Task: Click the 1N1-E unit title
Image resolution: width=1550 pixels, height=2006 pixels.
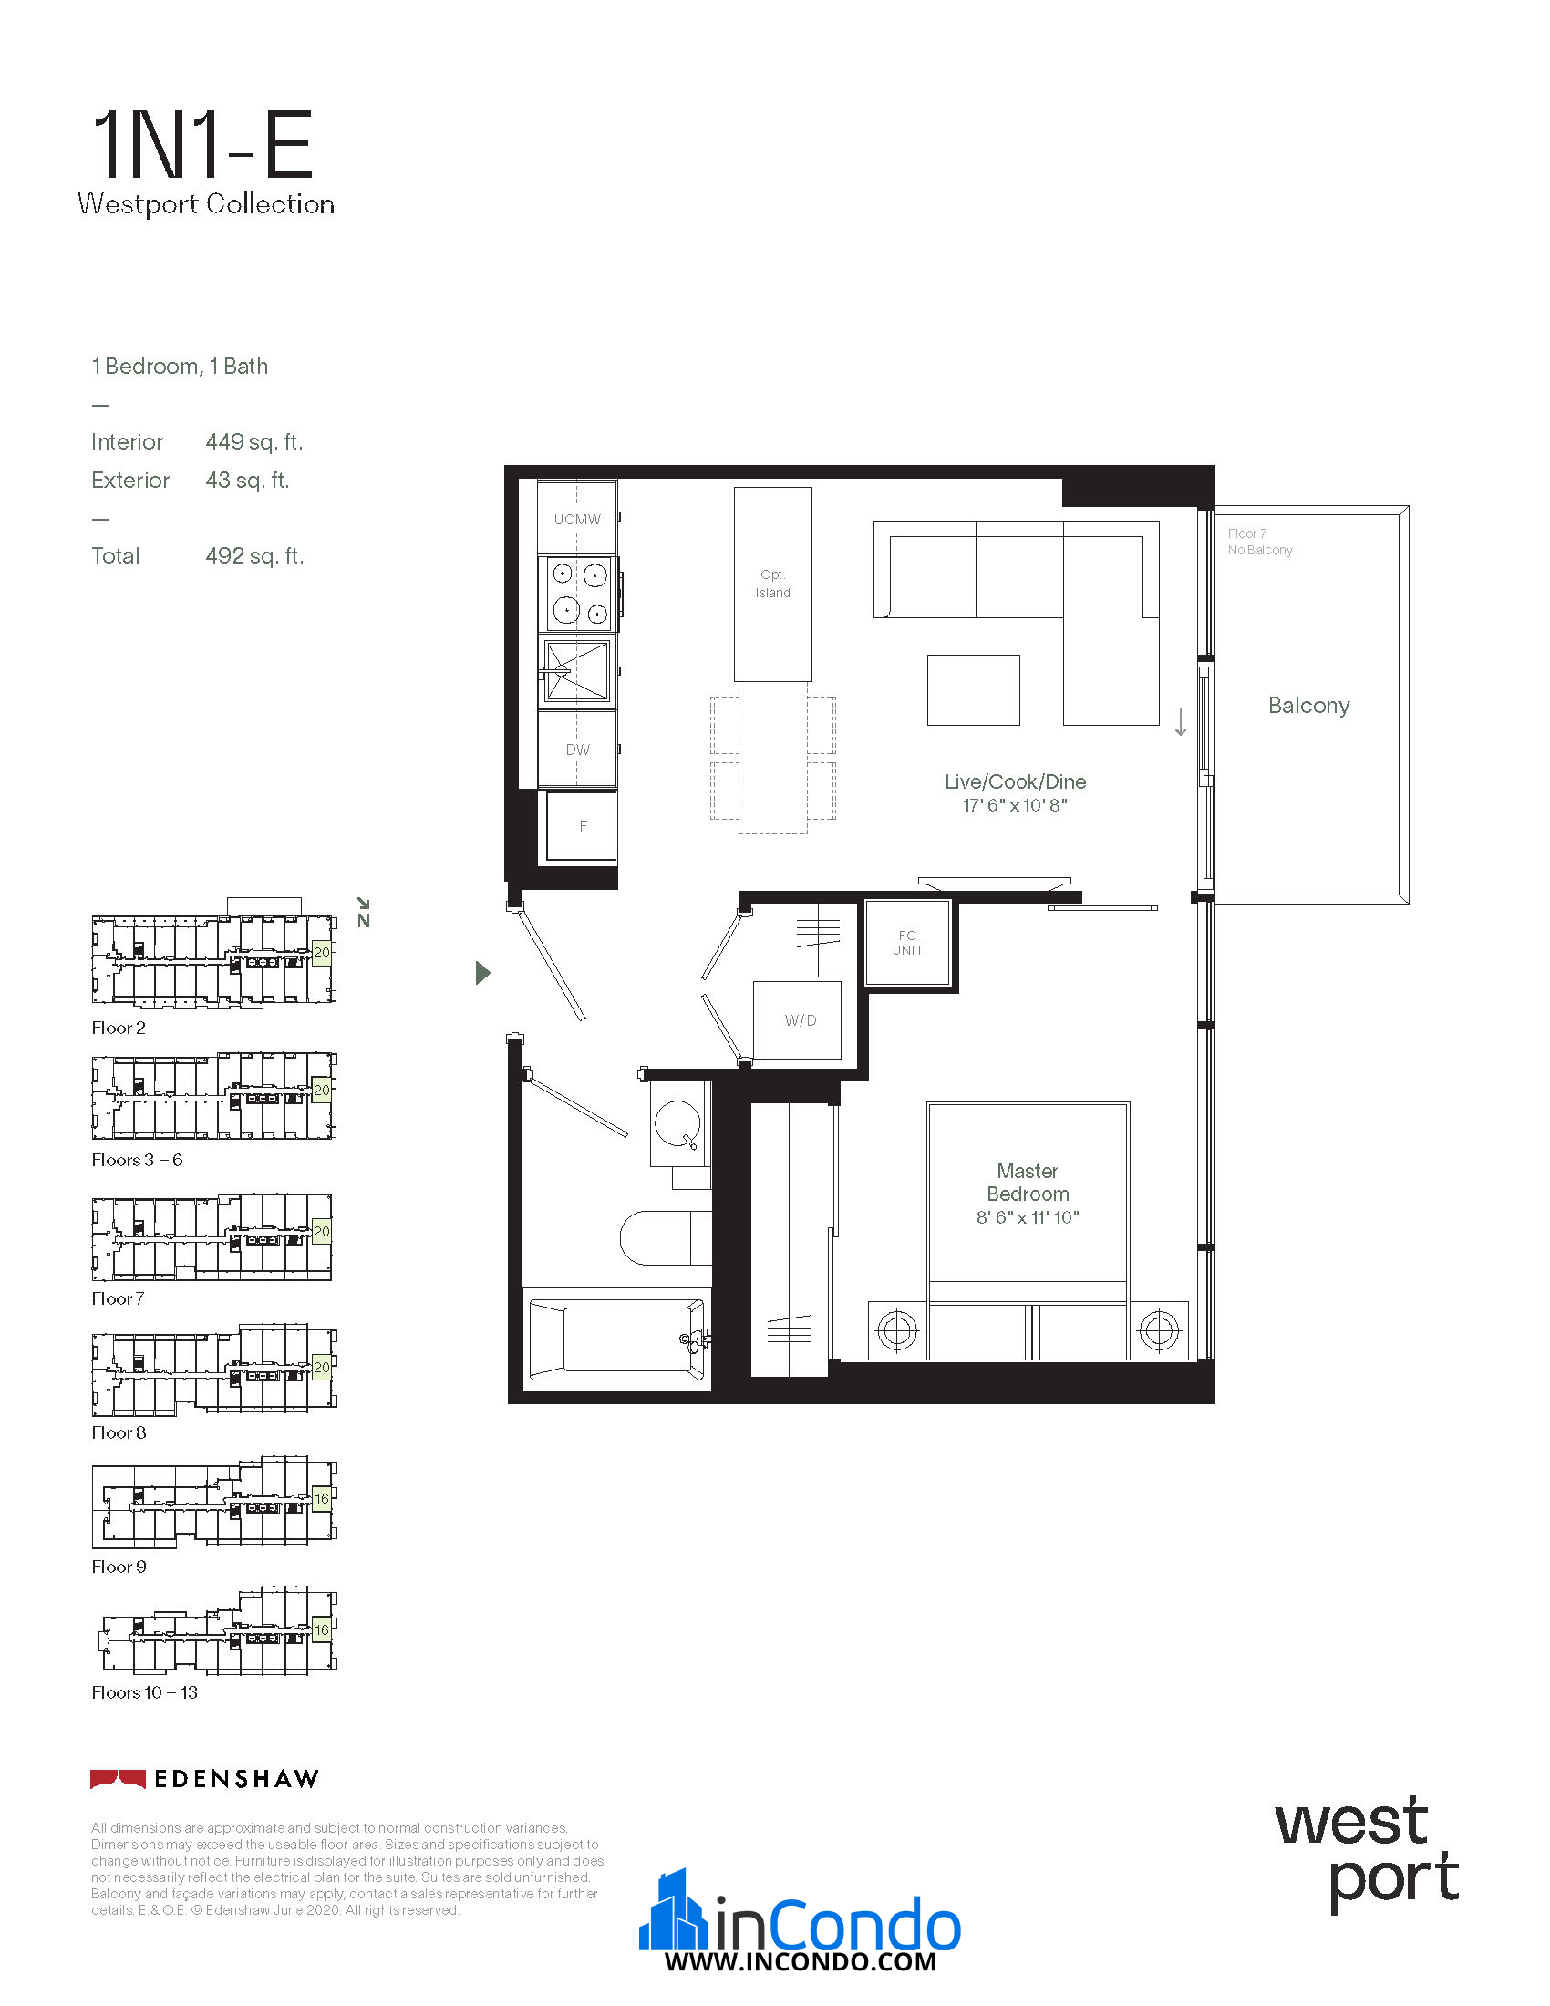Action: [203, 144]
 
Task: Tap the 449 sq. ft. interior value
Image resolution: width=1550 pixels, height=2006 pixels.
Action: [254, 442]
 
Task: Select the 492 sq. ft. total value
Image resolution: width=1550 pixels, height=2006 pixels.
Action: [254, 555]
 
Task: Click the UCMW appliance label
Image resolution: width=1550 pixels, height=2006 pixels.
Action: [577, 519]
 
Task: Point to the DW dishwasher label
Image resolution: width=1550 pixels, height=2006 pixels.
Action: [577, 750]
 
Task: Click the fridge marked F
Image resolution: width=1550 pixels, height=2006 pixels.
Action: [583, 826]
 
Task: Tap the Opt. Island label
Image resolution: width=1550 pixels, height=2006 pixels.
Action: [772, 584]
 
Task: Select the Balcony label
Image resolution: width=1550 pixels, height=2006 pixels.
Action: [1308, 706]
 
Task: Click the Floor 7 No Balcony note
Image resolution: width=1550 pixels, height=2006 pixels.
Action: [1260, 542]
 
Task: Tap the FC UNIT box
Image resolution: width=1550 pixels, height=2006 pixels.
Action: [907, 944]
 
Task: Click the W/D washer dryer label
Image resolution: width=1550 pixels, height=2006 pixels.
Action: [800, 1020]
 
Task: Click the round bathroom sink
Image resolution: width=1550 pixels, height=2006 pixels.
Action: [677, 1123]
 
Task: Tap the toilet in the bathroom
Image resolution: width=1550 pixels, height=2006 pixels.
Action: [666, 1237]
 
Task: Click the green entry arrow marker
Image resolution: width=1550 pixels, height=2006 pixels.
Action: [483, 973]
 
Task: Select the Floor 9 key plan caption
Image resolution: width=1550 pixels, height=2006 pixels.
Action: [119, 1567]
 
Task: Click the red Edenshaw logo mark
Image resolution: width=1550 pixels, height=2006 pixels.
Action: [118, 1779]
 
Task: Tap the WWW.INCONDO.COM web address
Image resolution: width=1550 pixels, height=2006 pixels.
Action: [801, 1962]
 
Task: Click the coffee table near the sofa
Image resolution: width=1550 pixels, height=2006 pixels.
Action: [974, 690]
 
